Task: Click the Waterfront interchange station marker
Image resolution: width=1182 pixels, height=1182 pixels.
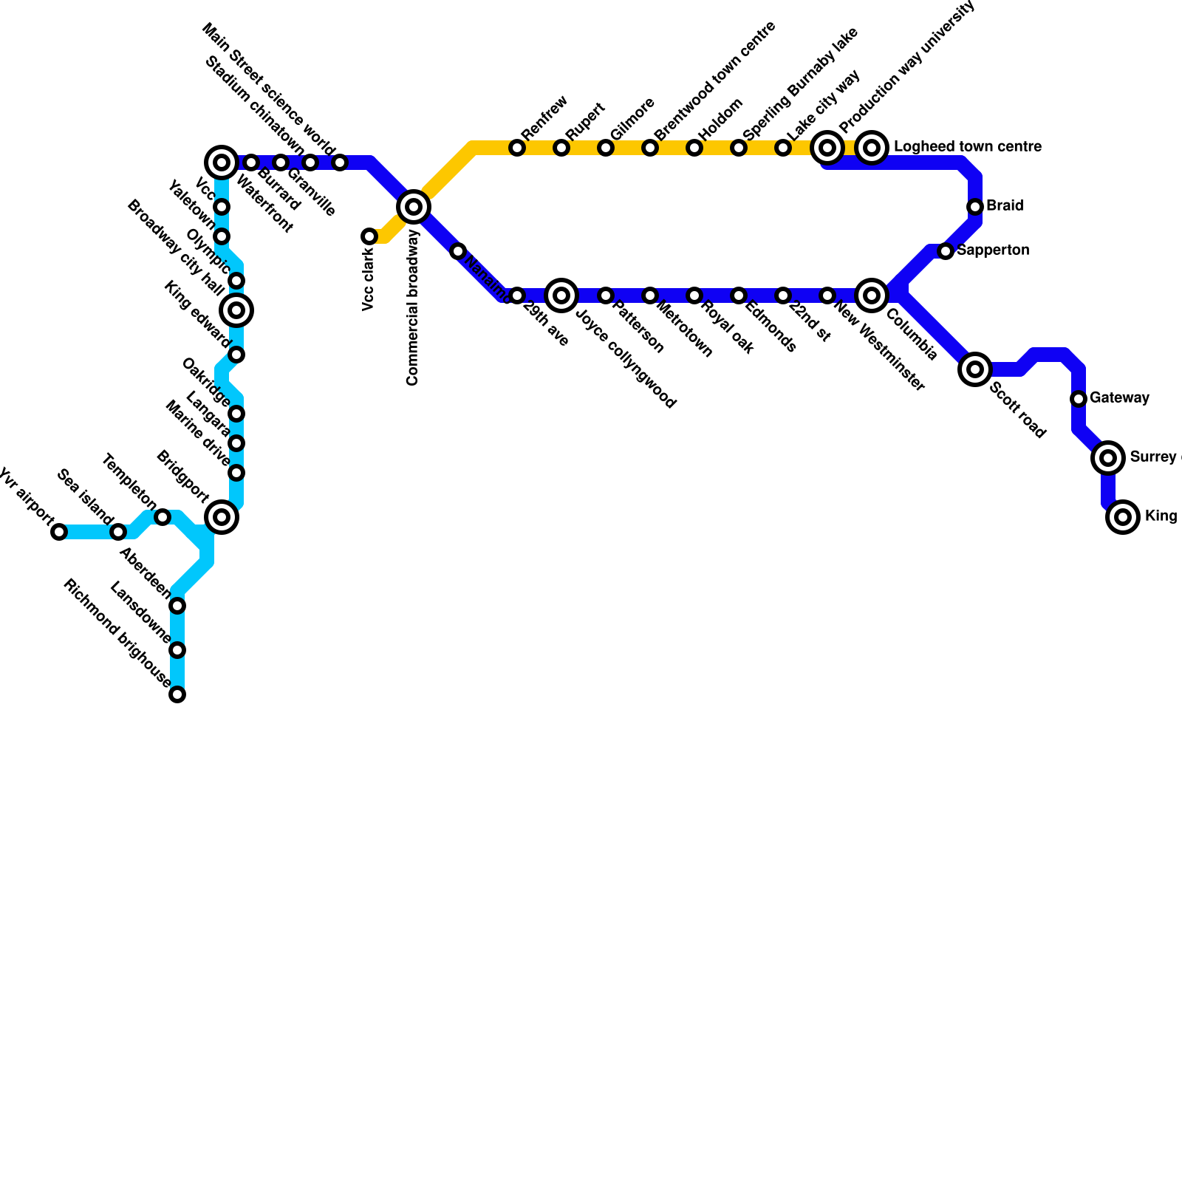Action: (222, 163)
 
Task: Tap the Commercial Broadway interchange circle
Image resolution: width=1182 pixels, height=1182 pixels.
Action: (414, 207)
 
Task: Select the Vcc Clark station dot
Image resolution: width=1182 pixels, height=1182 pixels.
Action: (369, 236)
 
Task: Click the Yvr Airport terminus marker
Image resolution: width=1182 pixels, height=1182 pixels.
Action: (59, 532)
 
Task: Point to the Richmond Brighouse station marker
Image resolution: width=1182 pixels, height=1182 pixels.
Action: (177, 694)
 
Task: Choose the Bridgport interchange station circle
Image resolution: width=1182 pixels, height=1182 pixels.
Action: (222, 517)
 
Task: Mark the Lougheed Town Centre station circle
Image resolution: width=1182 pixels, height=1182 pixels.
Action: (872, 148)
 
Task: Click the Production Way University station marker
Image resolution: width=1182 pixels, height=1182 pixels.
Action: (827, 148)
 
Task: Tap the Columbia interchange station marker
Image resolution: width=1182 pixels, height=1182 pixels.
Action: (872, 295)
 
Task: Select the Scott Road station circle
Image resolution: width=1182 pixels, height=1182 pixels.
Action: (975, 369)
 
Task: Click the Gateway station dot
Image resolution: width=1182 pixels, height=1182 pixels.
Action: (1079, 399)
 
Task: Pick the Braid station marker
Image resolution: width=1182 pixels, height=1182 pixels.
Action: (975, 207)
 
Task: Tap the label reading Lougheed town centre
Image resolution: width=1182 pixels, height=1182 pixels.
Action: (967, 147)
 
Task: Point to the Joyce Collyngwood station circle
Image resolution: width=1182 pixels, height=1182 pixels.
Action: (561, 295)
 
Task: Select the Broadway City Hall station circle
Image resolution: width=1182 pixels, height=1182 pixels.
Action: (236, 310)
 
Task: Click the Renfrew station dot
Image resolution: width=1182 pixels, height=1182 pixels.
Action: (517, 148)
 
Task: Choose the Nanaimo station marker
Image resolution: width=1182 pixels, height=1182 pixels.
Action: (458, 251)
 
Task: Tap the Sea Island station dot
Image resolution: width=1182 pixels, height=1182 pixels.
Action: (118, 532)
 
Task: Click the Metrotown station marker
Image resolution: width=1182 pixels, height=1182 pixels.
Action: (650, 295)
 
